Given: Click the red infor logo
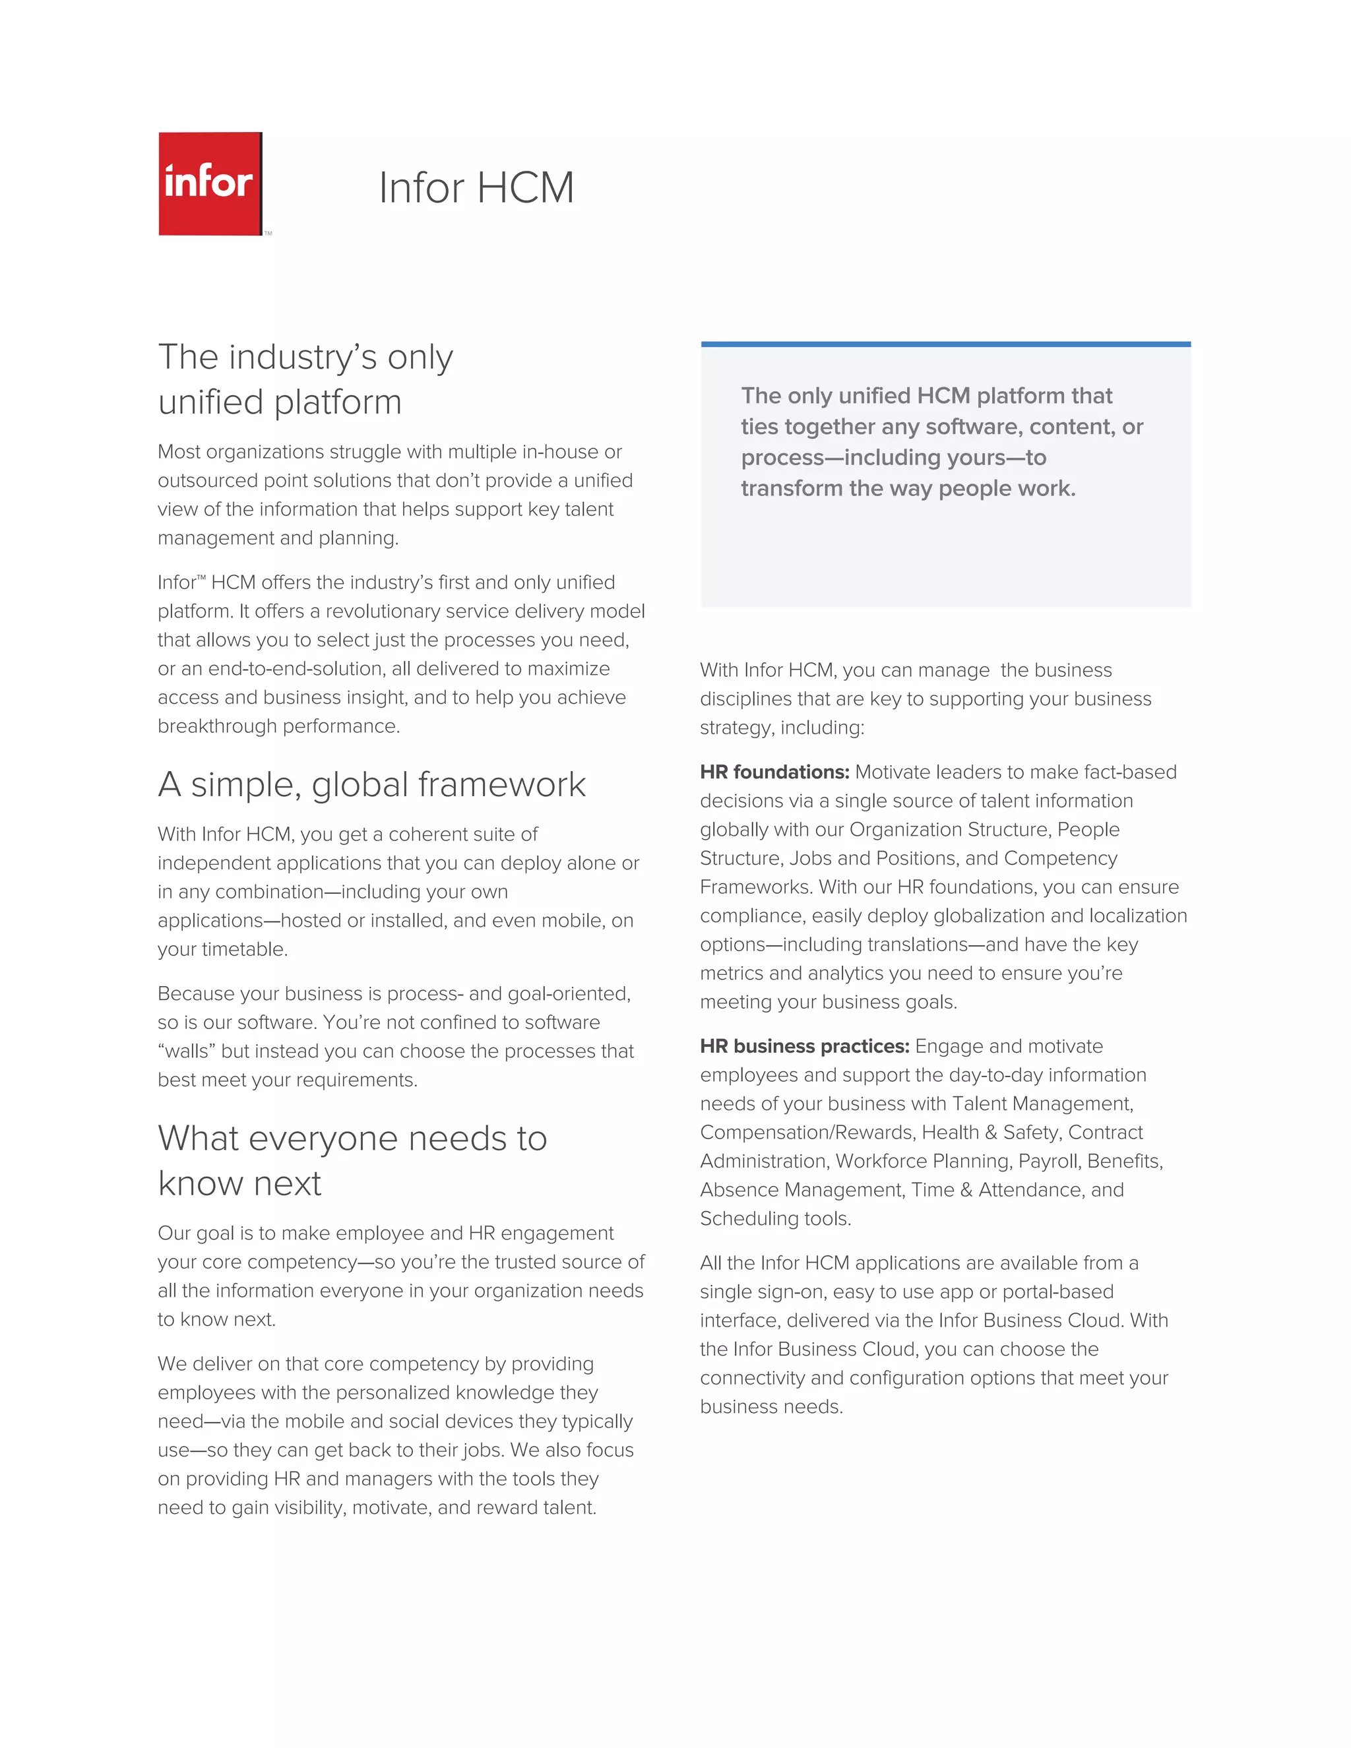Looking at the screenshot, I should point(210,183).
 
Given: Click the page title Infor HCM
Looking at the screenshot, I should point(476,188).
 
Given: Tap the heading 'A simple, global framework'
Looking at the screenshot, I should point(371,784).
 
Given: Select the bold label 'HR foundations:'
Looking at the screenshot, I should point(774,772).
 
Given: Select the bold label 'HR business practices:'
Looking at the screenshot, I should point(803,1046).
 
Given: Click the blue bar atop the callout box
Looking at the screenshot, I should point(945,344).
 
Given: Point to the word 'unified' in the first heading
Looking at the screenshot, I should point(206,402).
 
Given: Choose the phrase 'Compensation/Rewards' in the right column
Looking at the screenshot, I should point(806,1133).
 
